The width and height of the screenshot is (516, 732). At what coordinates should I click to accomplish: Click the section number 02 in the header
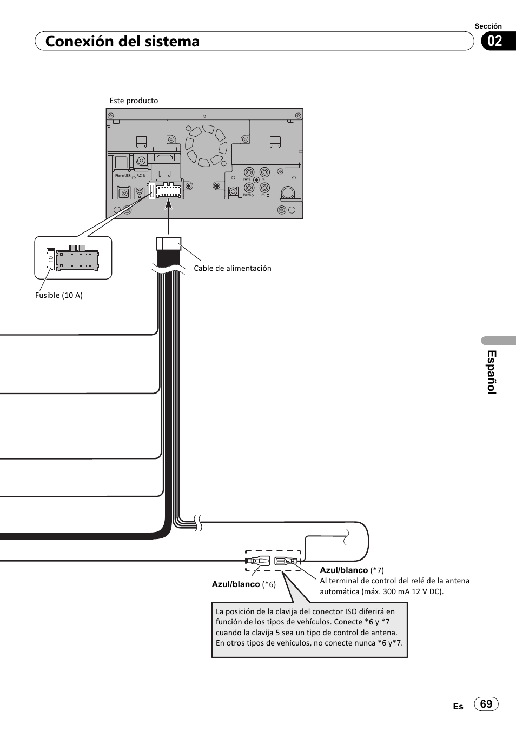point(495,41)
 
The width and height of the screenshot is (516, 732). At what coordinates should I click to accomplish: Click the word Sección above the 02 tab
point(488,26)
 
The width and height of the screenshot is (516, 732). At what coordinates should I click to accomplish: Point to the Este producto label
point(134,101)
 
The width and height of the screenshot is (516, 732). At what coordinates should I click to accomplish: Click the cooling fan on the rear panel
point(205,145)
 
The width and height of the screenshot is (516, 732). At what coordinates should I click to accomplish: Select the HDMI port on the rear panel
point(165,157)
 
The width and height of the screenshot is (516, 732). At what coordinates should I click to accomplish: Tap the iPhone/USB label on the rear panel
point(122,176)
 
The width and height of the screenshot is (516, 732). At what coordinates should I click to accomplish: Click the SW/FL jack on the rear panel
point(248,172)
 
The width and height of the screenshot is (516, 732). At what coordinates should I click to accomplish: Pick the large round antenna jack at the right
point(288,192)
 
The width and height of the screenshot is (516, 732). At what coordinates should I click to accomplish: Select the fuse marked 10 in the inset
point(50,259)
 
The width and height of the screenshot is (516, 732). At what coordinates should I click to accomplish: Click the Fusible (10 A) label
point(59,295)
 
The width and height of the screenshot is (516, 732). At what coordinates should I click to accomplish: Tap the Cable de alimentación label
point(233,268)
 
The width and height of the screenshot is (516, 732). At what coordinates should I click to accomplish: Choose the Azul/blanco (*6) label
point(243,584)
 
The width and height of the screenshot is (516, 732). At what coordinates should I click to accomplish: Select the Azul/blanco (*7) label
point(352,570)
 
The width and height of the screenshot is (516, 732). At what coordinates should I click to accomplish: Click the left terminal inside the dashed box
point(257,561)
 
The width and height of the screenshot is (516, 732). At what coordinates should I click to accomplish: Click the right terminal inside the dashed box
point(287,561)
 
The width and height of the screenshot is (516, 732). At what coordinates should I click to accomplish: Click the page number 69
point(486,703)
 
